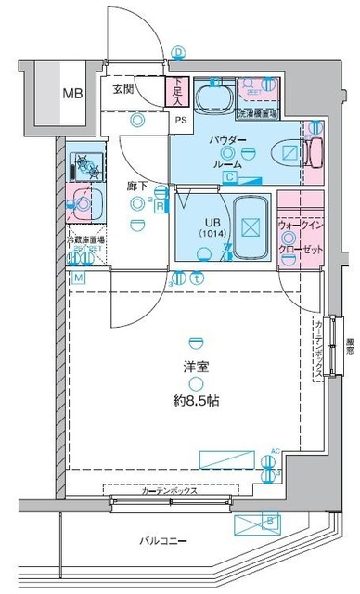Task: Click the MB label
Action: coord(71,93)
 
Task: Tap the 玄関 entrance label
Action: coord(125,89)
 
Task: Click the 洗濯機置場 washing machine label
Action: coord(255,114)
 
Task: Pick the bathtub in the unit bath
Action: coord(249,227)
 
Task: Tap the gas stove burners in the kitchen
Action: coord(88,164)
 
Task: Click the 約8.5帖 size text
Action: coord(195,401)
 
